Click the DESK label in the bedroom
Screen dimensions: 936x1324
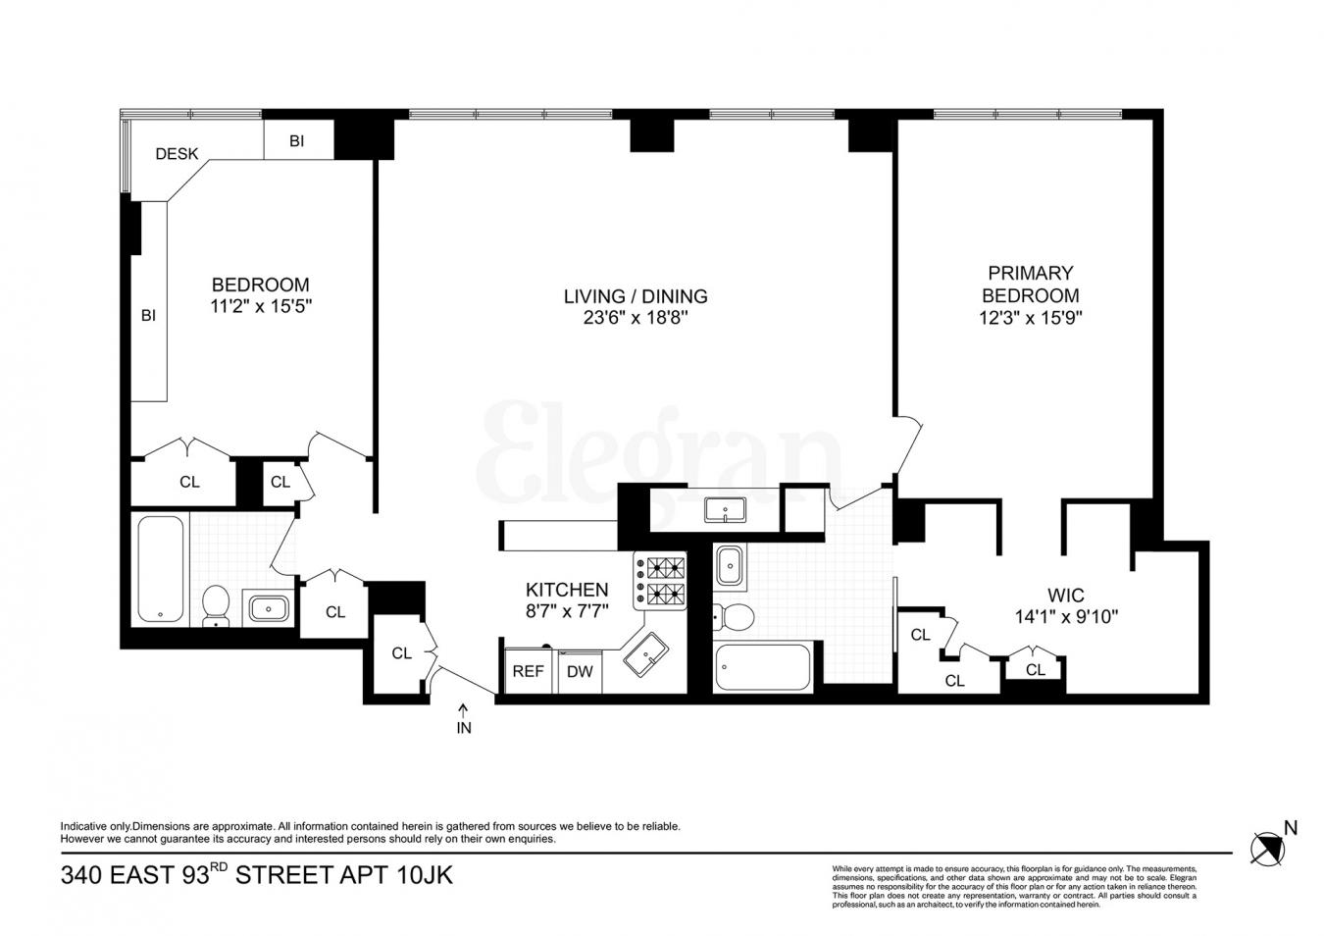click(177, 153)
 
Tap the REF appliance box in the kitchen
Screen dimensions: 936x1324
click(528, 672)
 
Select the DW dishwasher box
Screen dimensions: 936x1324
click(580, 672)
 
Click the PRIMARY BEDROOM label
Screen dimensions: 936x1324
click(1030, 284)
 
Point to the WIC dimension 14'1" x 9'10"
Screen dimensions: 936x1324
click(1065, 617)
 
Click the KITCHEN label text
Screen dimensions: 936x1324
click(567, 590)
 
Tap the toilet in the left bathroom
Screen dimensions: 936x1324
click(215, 604)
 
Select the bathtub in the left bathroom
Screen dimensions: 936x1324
click(161, 569)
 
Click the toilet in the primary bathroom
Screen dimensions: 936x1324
click(733, 617)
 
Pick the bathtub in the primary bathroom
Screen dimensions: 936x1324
click(763, 667)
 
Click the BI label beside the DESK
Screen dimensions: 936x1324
click(296, 141)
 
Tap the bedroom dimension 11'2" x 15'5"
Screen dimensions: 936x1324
click(261, 306)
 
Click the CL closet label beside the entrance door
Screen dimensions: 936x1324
click(401, 653)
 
